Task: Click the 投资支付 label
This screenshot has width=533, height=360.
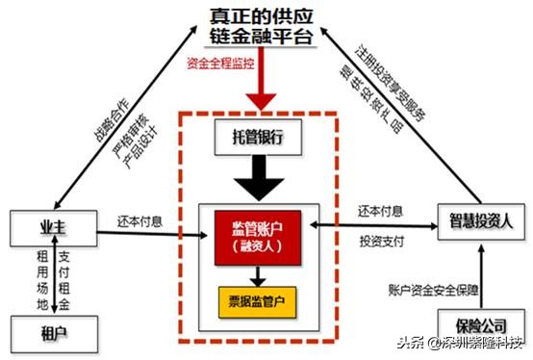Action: click(x=380, y=239)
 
